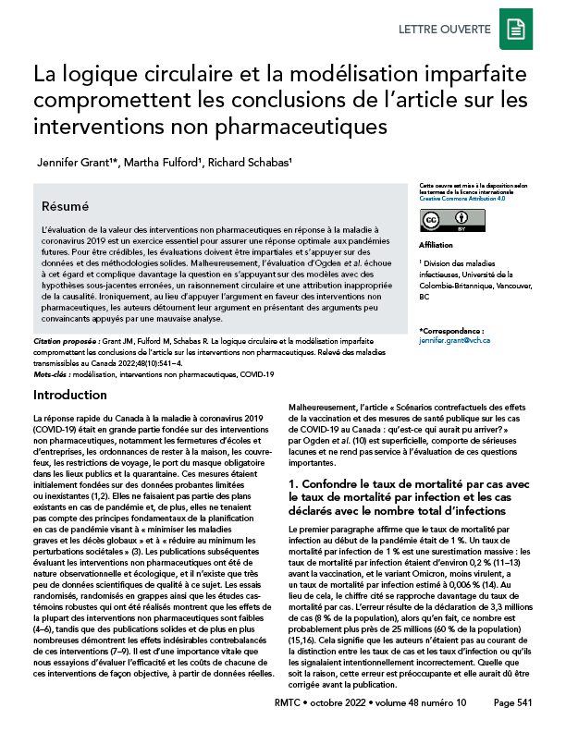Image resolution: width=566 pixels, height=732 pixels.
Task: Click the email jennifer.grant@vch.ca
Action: click(453, 341)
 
